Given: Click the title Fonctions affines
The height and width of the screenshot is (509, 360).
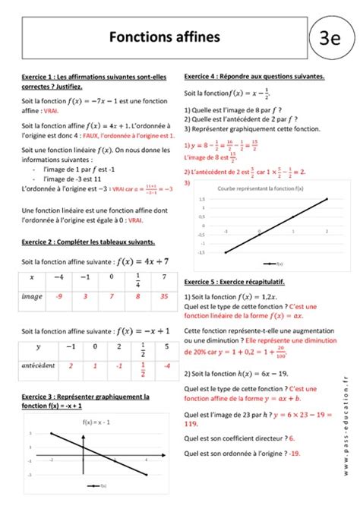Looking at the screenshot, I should (x=154, y=36).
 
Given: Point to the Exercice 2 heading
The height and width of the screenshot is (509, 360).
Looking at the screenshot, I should (x=89, y=242).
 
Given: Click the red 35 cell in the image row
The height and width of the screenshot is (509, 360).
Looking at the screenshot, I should (x=162, y=297).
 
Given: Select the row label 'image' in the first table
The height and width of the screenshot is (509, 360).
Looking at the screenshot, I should (x=33, y=297).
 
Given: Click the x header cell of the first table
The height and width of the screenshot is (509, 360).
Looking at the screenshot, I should (x=32, y=278).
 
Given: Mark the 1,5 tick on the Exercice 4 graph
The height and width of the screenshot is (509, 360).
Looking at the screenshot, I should (x=201, y=199).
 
